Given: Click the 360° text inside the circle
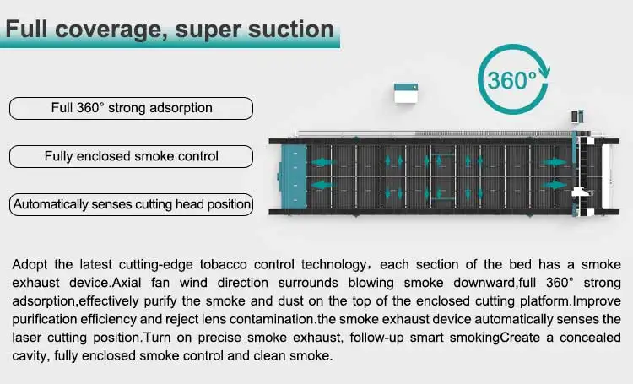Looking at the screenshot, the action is pyautogui.click(x=511, y=80).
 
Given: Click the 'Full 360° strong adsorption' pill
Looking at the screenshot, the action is pyautogui.click(x=131, y=108).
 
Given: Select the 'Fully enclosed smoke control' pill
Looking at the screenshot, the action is pyautogui.click(x=131, y=156).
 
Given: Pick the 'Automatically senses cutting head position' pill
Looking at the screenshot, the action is pyautogui.click(x=131, y=204).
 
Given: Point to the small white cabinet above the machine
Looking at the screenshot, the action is pyautogui.click(x=408, y=94).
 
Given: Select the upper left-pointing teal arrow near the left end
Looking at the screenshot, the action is pyautogui.click(x=322, y=160).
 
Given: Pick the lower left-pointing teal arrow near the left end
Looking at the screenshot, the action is pyautogui.click(x=322, y=183).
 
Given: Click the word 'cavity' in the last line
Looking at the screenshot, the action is pyautogui.click(x=30, y=355).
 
